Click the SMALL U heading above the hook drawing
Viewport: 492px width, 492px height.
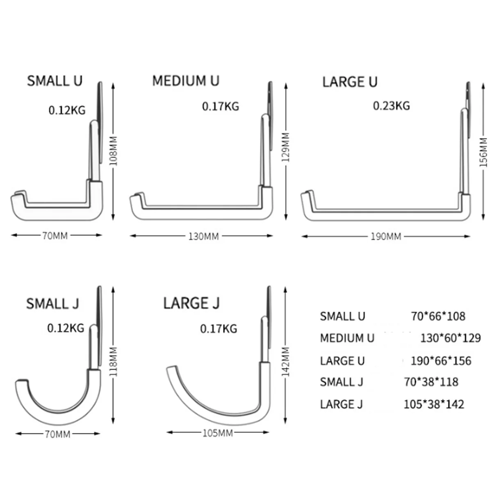click(x=55, y=81)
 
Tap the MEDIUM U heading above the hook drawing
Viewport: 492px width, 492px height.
click(x=185, y=81)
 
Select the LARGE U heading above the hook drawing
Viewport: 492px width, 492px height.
click(x=349, y=82)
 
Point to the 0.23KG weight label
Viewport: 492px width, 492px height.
click(x=391, y=106)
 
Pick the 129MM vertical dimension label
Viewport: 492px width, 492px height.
click(x=286, y=147)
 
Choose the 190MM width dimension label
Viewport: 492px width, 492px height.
click(x=385, y=237)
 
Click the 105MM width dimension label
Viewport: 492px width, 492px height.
click(x=217, y=433)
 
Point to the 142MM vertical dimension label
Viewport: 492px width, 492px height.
click(x=286, y=362)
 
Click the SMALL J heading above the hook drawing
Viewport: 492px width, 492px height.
click(x=52, y=304)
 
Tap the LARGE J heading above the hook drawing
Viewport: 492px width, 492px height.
click(x=191, y=303)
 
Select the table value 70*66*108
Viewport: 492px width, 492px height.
click(x=438, y=317)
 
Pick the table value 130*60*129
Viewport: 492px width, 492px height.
click(x=450, y=338)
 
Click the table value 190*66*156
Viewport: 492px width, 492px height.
click(x=441, y=361)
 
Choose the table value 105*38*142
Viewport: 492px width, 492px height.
click(x=434, y=405)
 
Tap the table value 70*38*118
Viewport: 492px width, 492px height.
click(x=431, y=382)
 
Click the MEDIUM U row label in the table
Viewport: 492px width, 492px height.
click(x=347, y=338)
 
